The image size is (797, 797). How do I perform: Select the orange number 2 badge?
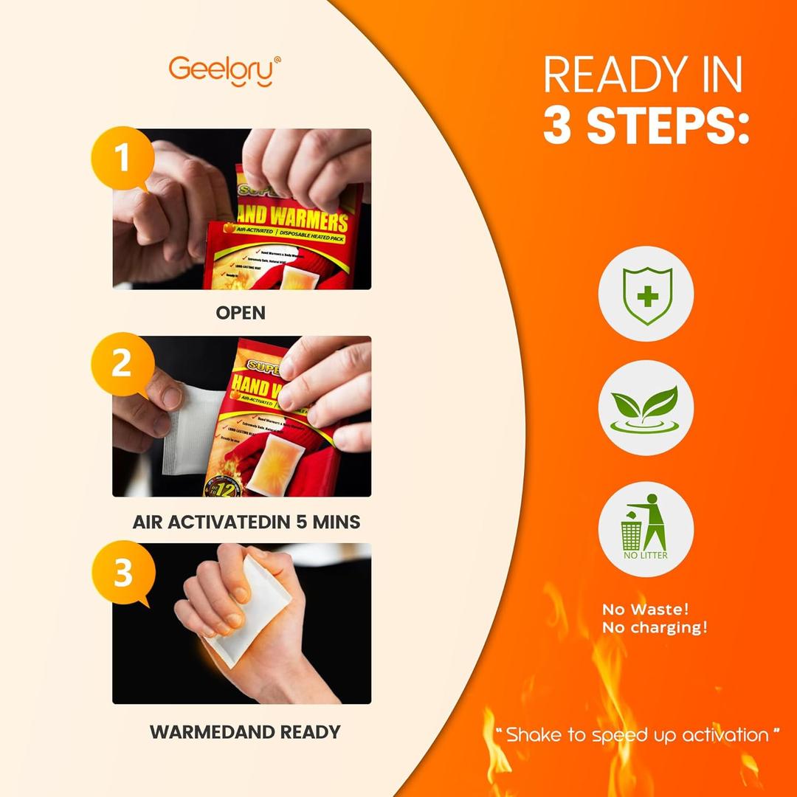point(122,365)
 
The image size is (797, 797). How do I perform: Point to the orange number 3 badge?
point(123,573)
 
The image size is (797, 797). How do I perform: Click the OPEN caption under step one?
point(241,313)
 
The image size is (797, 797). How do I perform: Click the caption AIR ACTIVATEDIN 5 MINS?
point(246,522)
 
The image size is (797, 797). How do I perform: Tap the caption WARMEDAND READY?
point(245,732)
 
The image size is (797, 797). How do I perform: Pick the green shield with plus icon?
point(646,293)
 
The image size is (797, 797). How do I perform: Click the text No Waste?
point(645,610)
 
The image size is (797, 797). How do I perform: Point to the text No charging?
point(655,628)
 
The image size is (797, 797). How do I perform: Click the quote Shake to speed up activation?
point(638,734)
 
